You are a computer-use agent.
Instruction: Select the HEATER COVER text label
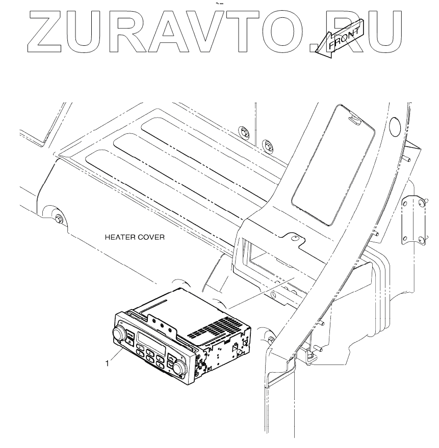pyautogui.click(x=134, y=237)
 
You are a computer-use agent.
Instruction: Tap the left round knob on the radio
pyautogui.click(x=120, y=334)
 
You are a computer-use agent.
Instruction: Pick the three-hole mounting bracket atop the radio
pyautogui.click(x=162, y=323)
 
